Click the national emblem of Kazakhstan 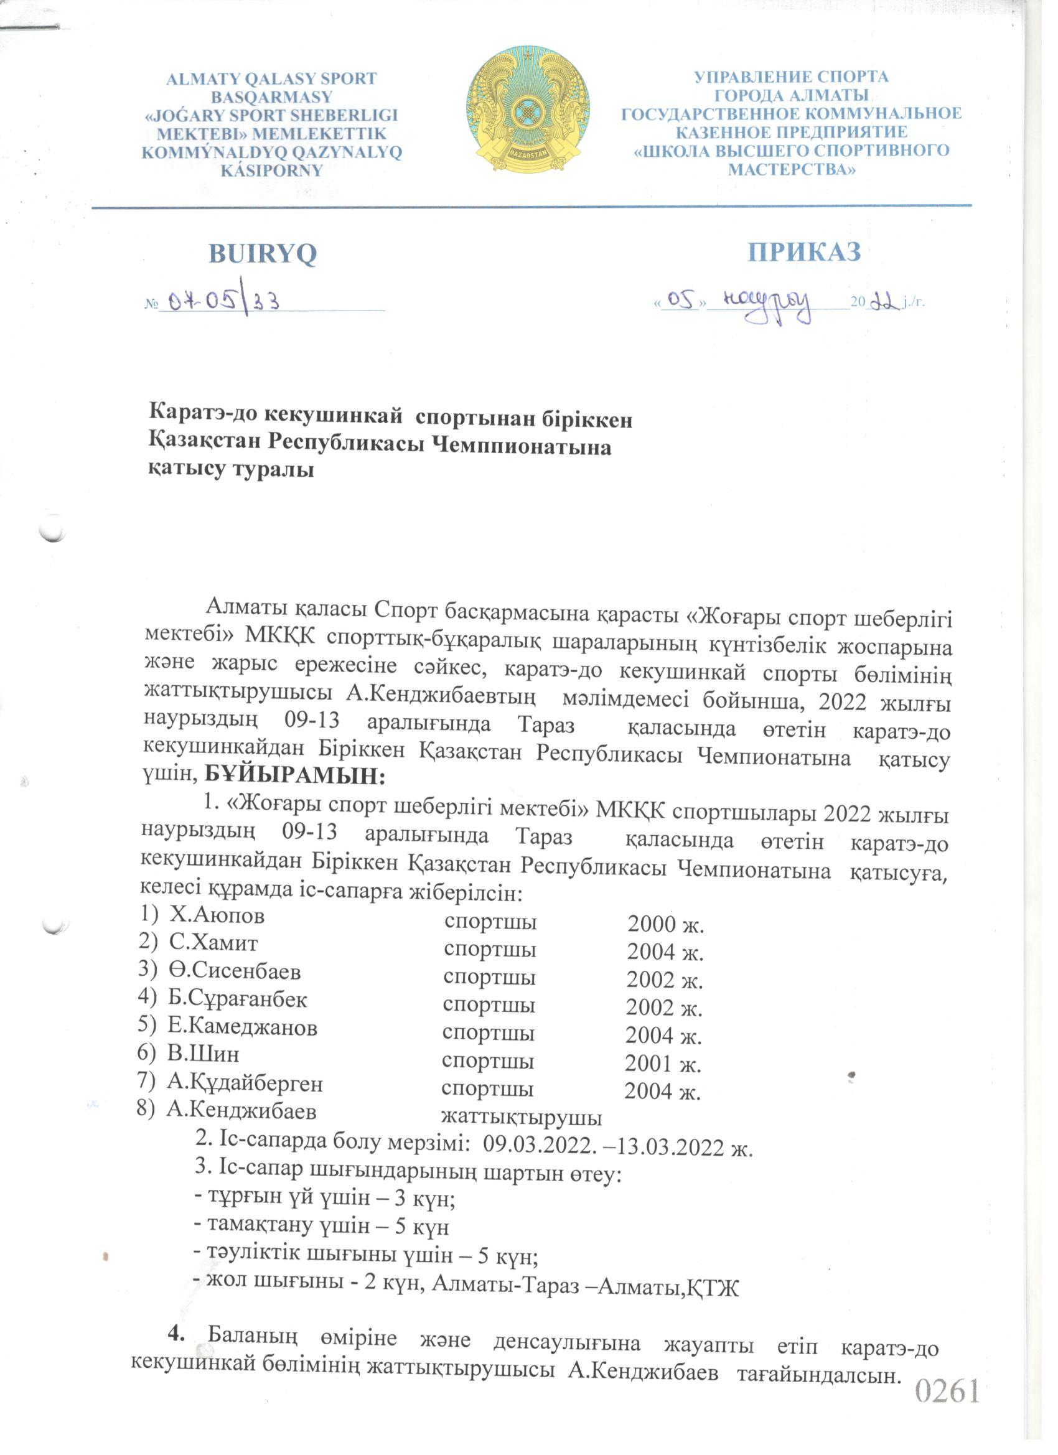pyautogui.click(x=527, y=111)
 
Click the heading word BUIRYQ pyautogui.click(x=263, y=254)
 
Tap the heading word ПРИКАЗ pyautogui.click(x=804, y=252)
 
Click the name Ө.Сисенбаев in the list pyautogui.click(x=235, y=971)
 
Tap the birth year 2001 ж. pyautogui.click(x=663, y=1064)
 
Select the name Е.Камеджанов pyautogui.click(x=243, y=1027)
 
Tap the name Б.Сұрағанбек pyautogui.click(x=237, y=999)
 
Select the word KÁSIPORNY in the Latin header pyautogui.click(x=271, y=171)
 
